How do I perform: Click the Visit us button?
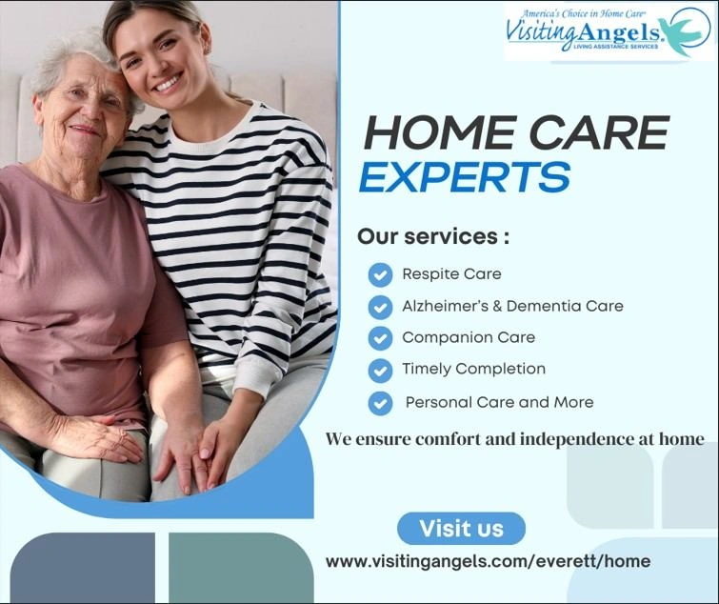coord(461,528)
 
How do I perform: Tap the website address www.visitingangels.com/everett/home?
coord(488,561)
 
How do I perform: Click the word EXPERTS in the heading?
coord(466,177)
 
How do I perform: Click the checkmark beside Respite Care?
coord(380,275)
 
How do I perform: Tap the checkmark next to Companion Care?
coord(380,338)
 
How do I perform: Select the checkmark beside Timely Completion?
coord(380,370)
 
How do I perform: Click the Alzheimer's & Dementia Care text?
coord(512,306)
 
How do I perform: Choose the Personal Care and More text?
coord(499,402)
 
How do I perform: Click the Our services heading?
coord(433,236)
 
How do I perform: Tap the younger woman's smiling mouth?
coord(169,84)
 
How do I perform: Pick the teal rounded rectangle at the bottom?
coord(241,568)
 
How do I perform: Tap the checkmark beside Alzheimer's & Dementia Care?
coord(380,307)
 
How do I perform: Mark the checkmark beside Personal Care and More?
coord(380,402)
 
